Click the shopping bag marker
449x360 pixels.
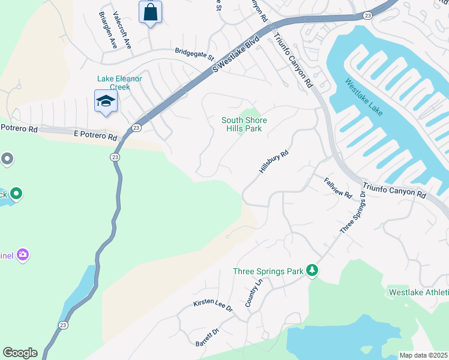tap(150, 12)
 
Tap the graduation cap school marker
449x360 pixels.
tap(106, 101)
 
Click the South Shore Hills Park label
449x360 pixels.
tap(244, 125)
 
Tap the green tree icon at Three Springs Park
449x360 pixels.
tap(312, 271)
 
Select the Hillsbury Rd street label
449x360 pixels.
tap(274, 163)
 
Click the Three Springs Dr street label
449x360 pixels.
tap(353, 213)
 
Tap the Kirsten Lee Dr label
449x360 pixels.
tap(212, 305)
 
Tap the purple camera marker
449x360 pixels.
tap(23, 255)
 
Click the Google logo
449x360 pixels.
tap(20, 353)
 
